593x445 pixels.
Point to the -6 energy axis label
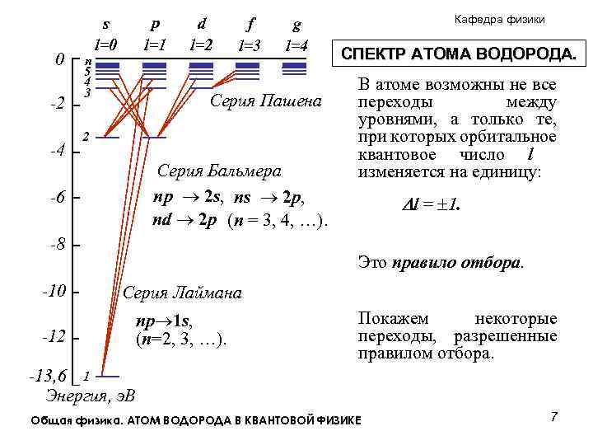point(57,198)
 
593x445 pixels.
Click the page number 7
point(554,417)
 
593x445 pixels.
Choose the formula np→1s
point(168,321)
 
